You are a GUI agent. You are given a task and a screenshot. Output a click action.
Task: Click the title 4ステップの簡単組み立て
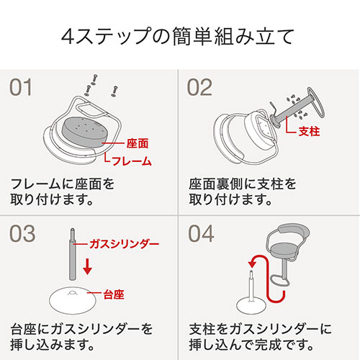tap(179, 34)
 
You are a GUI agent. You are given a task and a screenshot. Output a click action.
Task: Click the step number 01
tap(22, 88)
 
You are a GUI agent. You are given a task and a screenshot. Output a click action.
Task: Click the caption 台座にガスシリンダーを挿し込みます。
tap(81, 336)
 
